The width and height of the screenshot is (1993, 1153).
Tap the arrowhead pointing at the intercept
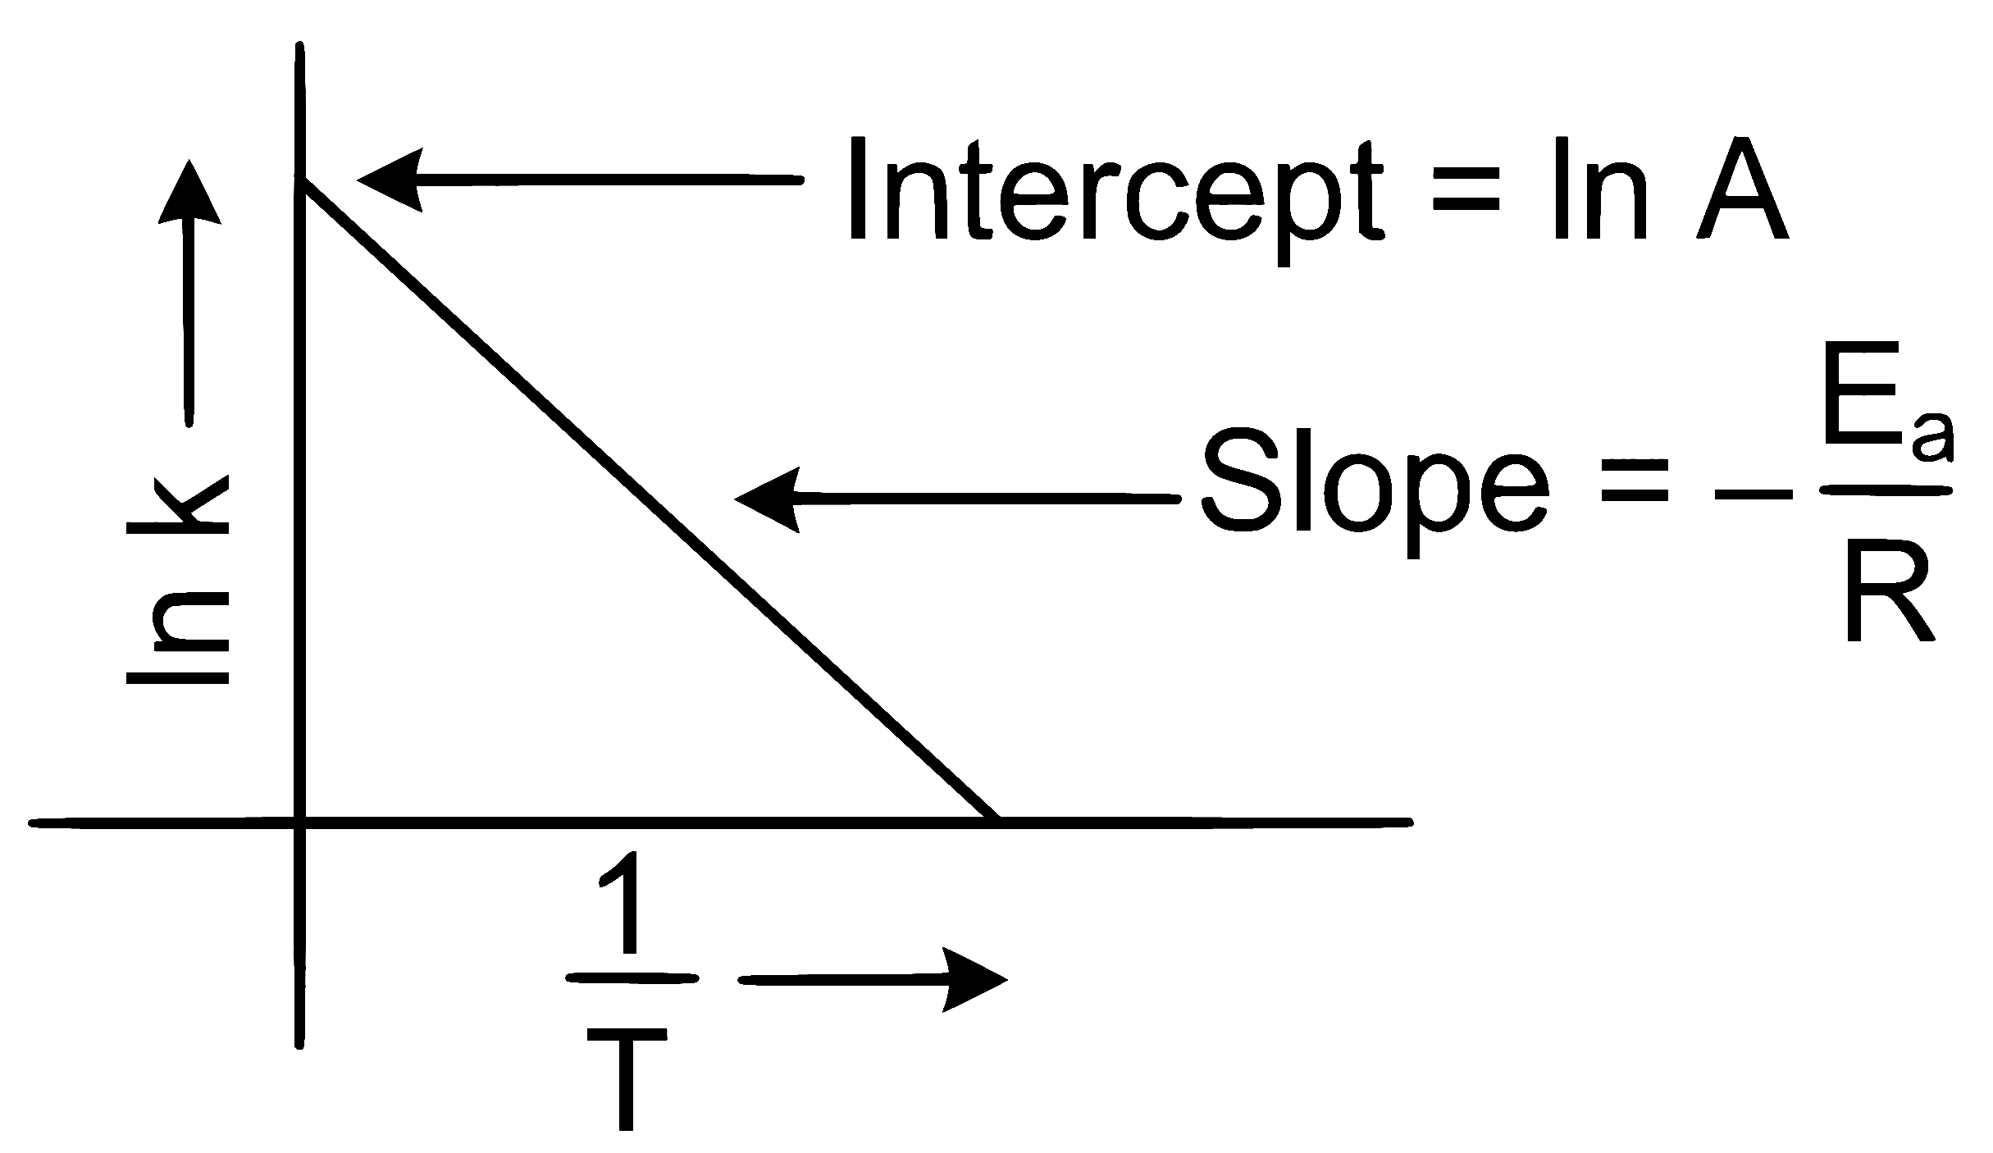[x=390, y=180]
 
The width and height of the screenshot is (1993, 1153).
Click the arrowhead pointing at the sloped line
[x=767, y=499]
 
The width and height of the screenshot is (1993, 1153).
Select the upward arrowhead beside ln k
[x=189, y=190]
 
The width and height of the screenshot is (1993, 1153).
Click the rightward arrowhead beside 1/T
[x=975, y=979]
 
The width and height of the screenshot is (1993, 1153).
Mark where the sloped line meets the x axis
[x=996, y=820]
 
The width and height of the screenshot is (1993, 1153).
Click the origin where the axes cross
[x=301, y=822]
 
